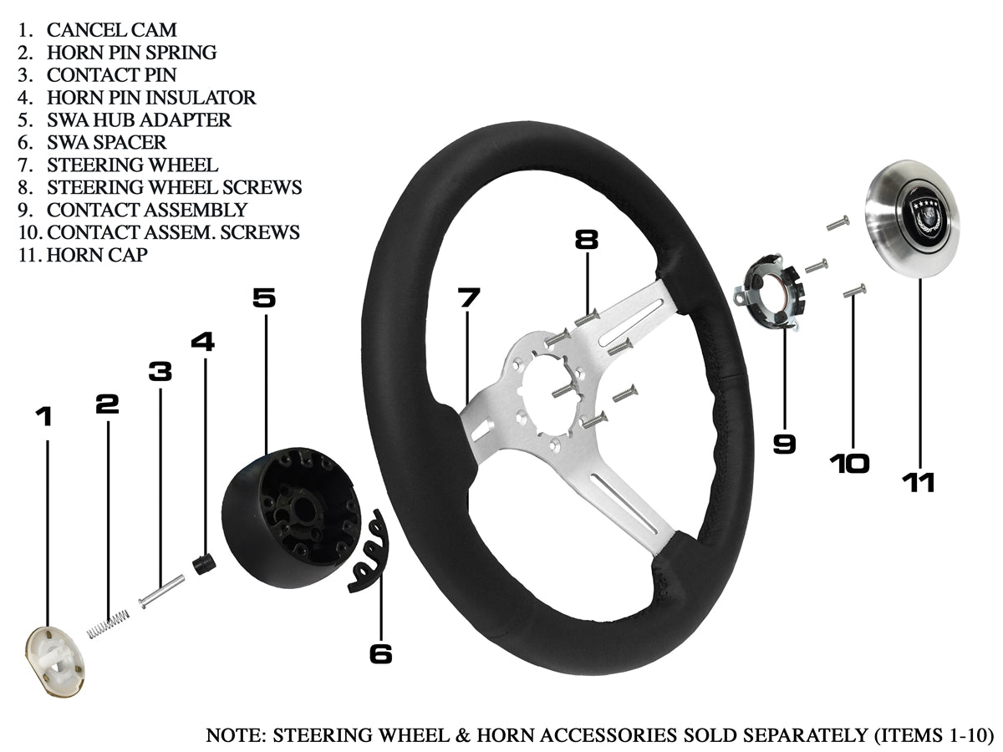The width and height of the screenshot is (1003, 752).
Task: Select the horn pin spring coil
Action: pyautogui.click(x=109, y=623)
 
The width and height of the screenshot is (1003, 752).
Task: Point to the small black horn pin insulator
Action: pyautogui.click(x=203, y=564)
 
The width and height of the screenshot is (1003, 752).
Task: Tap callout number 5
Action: pyautogui.click(x=264, y=298)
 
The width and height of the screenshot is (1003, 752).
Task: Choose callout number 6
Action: pyautogui.click(x=380, y=653)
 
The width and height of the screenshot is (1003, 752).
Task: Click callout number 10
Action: pyautogui.click(x=849, y=464)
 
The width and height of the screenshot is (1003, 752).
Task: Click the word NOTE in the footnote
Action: pyautogui.click(x=232, y=736)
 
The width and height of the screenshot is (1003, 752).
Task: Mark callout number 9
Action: pyautogui.click(x=784, y=443)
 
